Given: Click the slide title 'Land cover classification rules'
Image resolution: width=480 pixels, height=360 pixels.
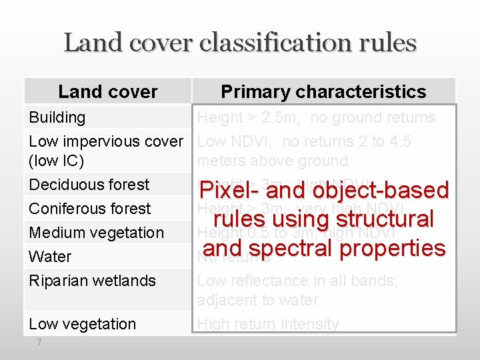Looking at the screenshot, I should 240,43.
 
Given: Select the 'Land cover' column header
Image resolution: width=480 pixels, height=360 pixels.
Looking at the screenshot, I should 108,91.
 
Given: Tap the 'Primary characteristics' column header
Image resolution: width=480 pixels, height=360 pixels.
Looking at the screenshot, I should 323,91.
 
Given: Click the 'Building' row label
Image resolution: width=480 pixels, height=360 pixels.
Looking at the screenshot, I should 57,117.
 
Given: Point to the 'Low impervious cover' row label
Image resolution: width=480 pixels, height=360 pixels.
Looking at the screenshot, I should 105,141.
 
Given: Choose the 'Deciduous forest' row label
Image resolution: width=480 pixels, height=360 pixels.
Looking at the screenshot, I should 89,185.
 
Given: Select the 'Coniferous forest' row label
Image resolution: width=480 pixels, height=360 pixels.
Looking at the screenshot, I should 89,209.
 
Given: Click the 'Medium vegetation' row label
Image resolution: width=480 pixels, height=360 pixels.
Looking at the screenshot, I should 96,233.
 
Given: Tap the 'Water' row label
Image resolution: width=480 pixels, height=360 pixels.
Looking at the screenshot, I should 50,257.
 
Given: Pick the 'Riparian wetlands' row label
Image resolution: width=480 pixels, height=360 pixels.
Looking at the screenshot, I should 92,281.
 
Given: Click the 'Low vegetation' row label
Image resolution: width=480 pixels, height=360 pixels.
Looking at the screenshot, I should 82,324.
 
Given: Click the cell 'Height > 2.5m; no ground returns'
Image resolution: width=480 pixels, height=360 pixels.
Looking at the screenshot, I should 317,117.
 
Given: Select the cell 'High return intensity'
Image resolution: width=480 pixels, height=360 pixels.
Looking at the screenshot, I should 268,324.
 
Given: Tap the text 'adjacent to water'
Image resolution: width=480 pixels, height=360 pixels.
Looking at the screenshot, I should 257,300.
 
